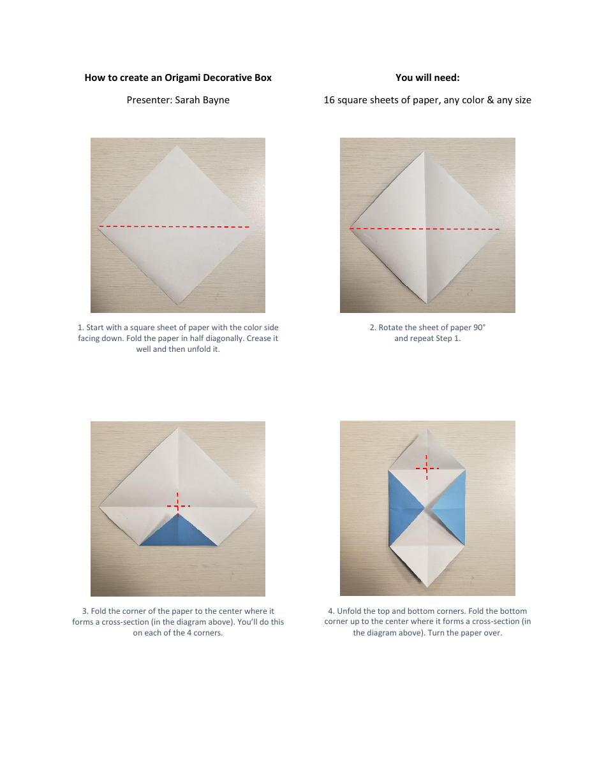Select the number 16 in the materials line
(x=329, y=99)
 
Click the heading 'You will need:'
(x=427, y=78)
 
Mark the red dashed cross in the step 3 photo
(x=178, y=505)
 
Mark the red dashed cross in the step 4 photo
(x=426, y=468)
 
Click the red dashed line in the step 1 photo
(x=174, y=226)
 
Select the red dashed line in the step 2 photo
(x=425, y=228)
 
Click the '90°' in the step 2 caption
(x=480, y=327)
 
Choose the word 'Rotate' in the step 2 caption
(x=391, y=327)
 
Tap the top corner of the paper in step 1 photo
(x=177, y=147)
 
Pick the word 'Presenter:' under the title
(x=149, y=99)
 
